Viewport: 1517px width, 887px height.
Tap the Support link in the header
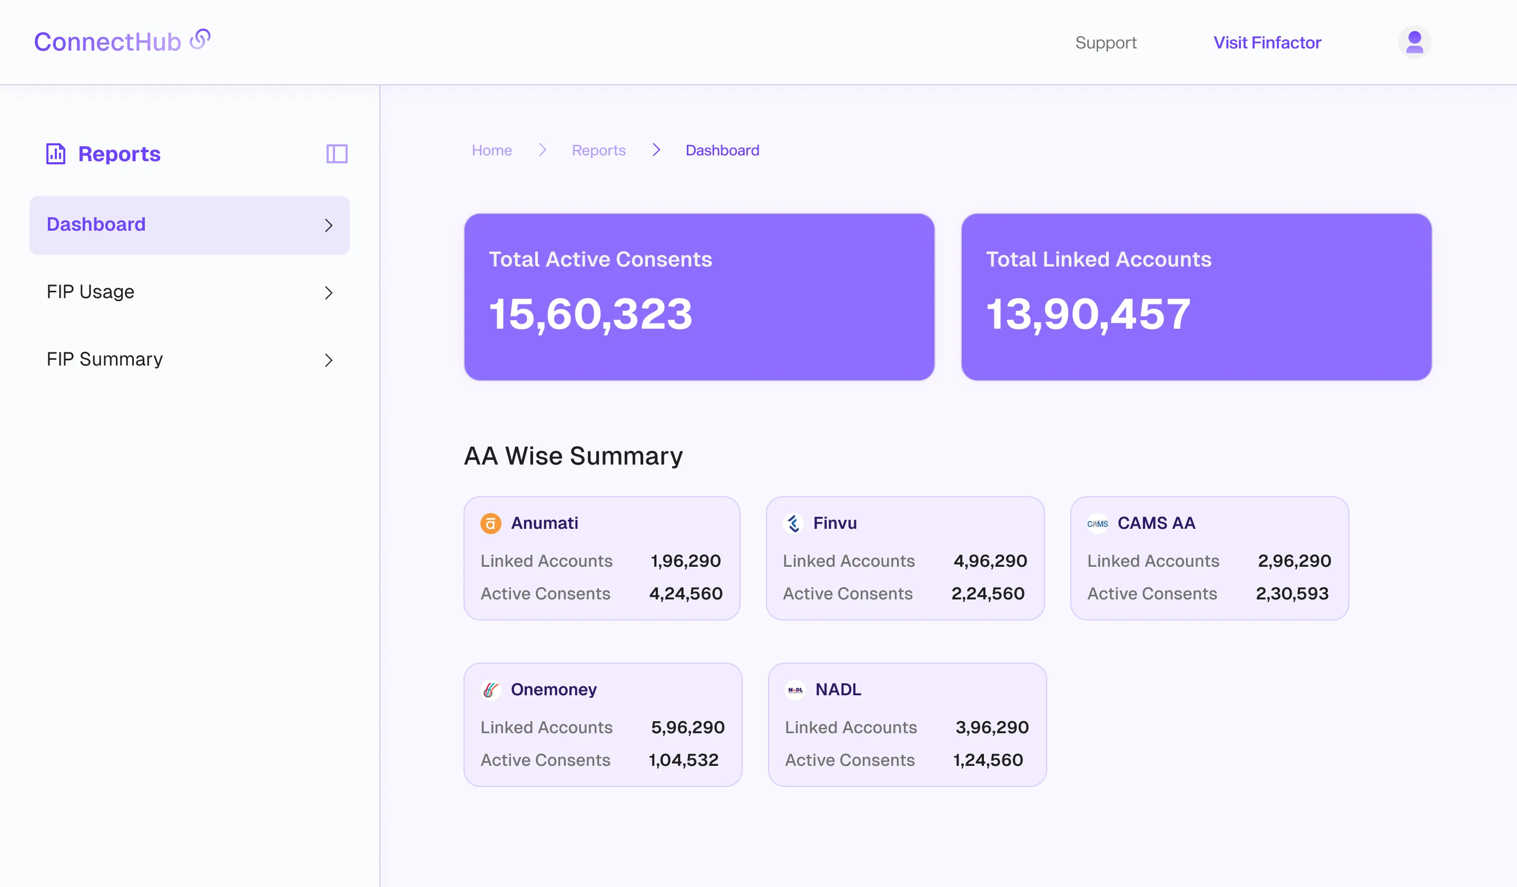coord(1105,43)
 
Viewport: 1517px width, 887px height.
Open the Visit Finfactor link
coord(1267,43)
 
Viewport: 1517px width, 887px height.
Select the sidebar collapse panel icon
coord(337,154)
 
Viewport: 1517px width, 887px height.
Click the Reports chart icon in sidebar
coord(56,154)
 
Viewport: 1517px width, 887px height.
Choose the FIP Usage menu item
coord(90,292)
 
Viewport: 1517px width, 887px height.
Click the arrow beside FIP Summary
coord(328,360)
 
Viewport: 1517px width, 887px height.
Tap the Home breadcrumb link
coord(491,151)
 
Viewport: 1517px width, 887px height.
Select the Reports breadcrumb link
coord(598,151)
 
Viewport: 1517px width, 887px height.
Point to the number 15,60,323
coord(590,314)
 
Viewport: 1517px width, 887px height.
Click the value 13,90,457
coord(1088,314)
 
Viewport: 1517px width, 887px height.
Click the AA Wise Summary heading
coord(573,456)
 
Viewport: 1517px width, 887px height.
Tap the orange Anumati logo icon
coord(490,524)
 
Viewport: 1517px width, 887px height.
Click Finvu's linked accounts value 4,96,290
coord(990,561)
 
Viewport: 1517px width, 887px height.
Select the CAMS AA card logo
coord(1097,524)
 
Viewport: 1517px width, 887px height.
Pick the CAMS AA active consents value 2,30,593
coord(1292,594)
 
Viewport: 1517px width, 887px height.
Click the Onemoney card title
coord(553,689)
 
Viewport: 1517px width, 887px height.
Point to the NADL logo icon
coord(795,689)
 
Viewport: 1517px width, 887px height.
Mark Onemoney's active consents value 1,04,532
coord(683,760)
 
